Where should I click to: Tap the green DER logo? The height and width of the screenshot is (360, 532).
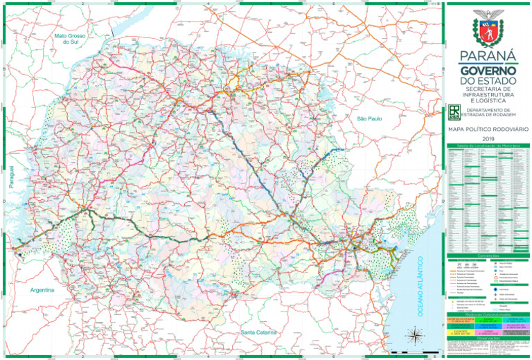pyautogui.click(x=454, y=112)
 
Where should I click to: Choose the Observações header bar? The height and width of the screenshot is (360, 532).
pyautogui.click(x=488, y=338)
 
